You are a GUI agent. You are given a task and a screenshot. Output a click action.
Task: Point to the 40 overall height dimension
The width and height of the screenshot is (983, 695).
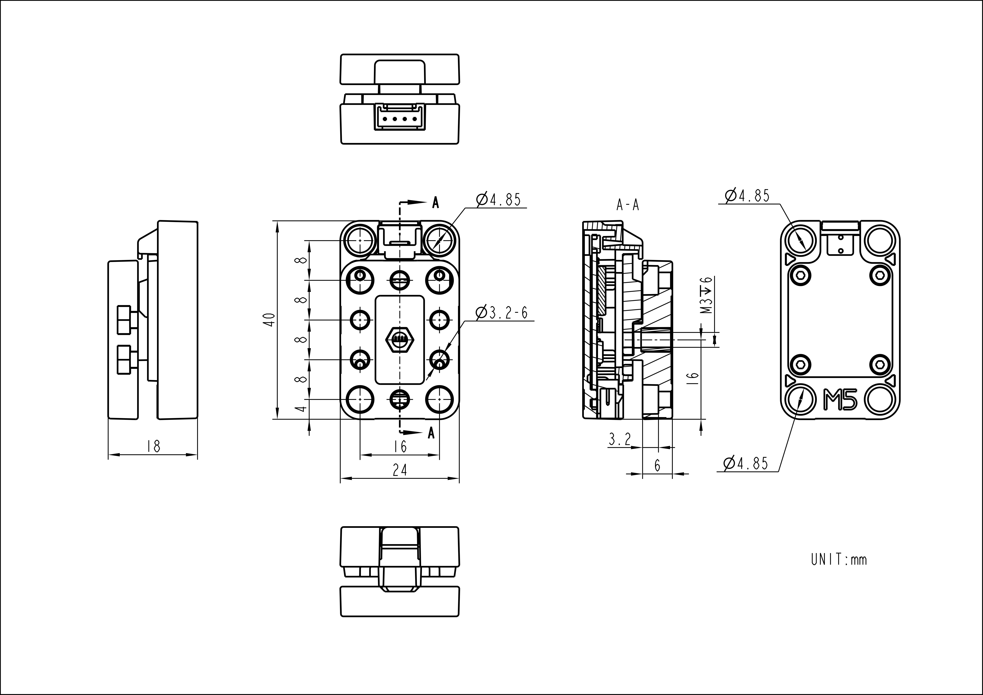coord(269,320)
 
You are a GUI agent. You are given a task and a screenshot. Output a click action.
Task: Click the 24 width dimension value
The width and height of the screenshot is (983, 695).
coord(400,470)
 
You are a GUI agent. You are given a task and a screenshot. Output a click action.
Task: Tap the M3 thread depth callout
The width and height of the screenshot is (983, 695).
coord(707,295)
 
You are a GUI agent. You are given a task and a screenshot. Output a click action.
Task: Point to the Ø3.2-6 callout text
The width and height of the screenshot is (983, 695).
coord(501,313)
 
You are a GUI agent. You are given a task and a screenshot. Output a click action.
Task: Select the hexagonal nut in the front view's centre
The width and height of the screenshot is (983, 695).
coord(400,339)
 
